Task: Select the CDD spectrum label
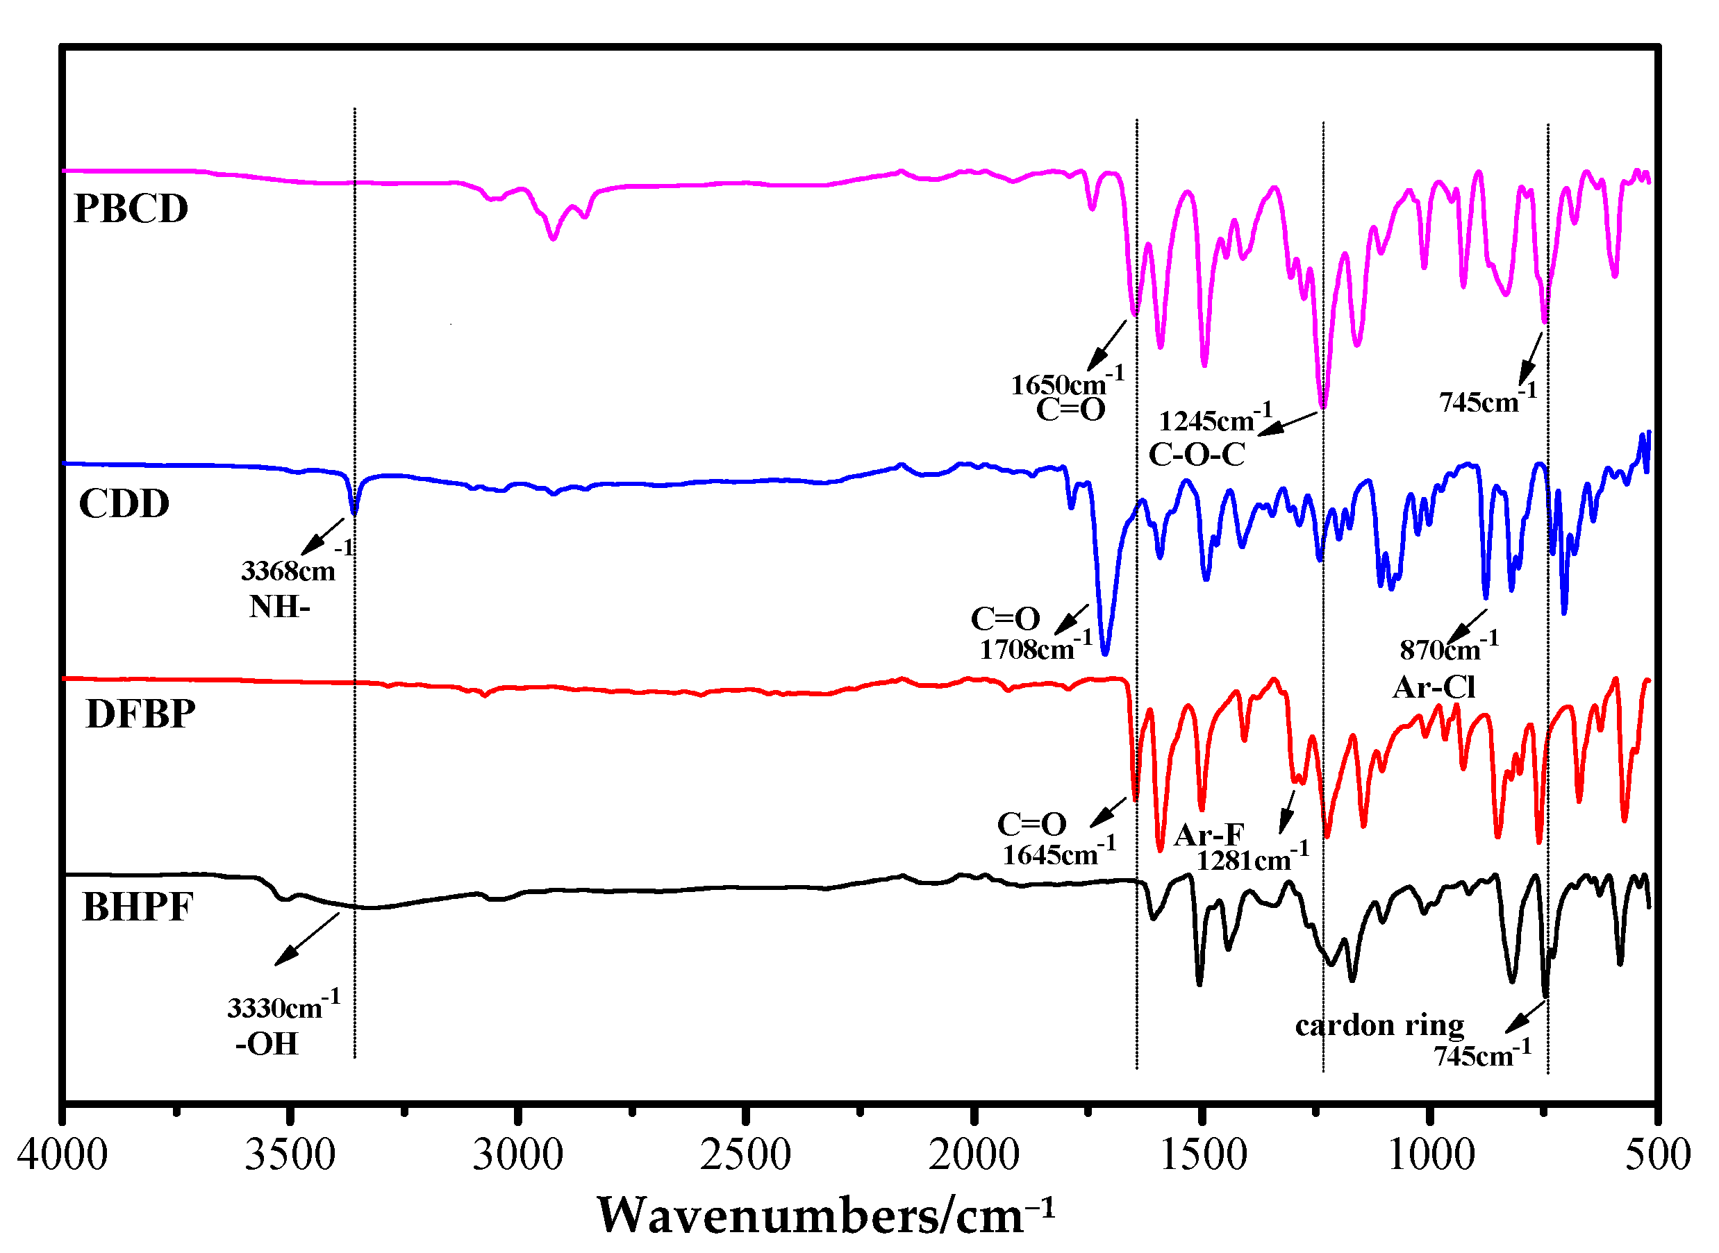click(x=124, y=503)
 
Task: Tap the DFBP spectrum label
click(x=141, y=714)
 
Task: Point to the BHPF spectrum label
click(x=138, y=907)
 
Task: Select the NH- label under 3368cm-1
click(x=279, y=607)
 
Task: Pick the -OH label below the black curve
click(x=267, y=1045)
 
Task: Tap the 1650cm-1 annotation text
click(x=1065, y=383)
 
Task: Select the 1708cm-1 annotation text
click(x=1034, y=647)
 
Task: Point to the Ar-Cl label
click(x=1434, y=688)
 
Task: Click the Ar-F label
click(x=1209, y=835)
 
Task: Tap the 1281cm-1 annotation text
click(x=1252, y=859)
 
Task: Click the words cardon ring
click(x=1379, y=1025)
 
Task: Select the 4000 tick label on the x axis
click(x=63, y=1155)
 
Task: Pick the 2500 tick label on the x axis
click(x=745, y=1155)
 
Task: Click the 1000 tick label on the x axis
click(x=1431, y=1155)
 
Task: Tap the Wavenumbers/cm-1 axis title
click(x=825, y=1216)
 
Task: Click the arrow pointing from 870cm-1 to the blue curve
click(x=1466, y=626)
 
